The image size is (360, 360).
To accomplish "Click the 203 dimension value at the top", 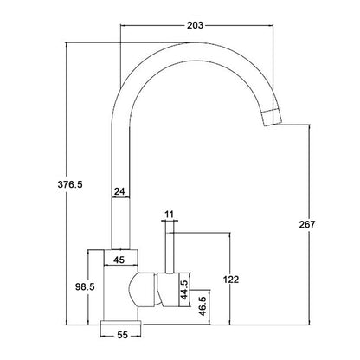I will pyautogui.click(x=195, y=25).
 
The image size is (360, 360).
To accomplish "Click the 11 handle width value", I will pyautogui.click(x=169, y=213).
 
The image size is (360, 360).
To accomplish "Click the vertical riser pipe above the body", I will pyautogui.click(x=120, y=156).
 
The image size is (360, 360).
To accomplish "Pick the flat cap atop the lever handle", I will pyautogui.click(x=169, y=222).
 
